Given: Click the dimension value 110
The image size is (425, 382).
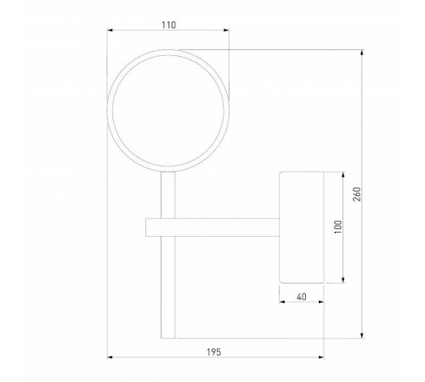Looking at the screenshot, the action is tap(168, 25).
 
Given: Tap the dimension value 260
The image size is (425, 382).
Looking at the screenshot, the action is tap(357, 194).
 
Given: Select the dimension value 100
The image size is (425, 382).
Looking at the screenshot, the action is tap(338, 227).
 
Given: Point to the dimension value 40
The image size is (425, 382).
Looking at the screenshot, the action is tap(302, 297).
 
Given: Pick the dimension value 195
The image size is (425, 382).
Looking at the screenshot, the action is tap(213, 352).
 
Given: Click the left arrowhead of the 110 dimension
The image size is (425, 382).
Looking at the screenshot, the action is tap(110, 30).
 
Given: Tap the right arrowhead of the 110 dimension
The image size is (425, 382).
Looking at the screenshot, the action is tap(226, 30).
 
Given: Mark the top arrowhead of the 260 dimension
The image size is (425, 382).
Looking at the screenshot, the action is tap(362, 53).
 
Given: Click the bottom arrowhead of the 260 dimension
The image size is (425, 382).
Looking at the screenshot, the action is tap(362, 335).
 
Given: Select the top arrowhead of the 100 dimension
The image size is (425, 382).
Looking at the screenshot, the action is tap(343, 175).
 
